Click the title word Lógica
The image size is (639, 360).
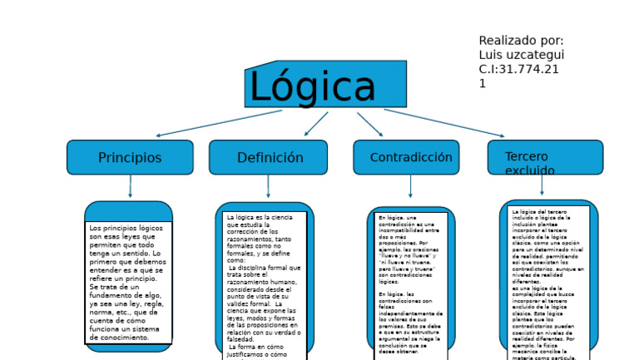click(x=313, y=87)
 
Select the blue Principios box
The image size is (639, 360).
click(x=130, y=157)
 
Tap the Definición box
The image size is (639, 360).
click(x=270, y=157)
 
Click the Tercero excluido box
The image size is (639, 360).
click(x=545, y=157)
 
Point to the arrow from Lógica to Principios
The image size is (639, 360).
click(x=219, y=123)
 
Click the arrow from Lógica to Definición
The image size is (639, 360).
click(x=316, y=124)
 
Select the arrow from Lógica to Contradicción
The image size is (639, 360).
click(x=370, y=124)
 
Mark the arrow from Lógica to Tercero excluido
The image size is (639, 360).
click(x=443, y=123)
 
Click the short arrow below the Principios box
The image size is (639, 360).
click(x=130, y=186)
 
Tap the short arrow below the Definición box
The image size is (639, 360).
click(x=268, y=186)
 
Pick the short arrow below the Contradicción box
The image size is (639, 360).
click(x=410, y=186)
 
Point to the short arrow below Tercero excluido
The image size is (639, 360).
click(x=542, y=185)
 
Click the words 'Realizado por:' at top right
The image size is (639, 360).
click(x=521, y=41)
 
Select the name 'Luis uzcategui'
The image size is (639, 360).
click(x=521, y=55)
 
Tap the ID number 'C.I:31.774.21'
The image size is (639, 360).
click(x=519, y=69)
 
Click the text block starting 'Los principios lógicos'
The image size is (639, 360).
click(x=128, y=282)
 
